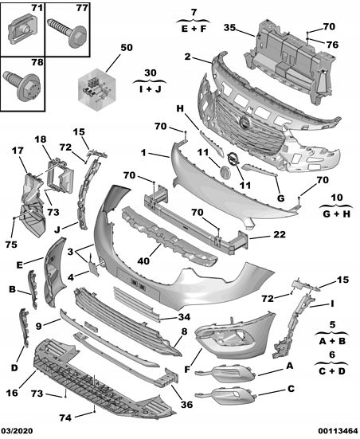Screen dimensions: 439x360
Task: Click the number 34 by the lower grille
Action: pos(186,317)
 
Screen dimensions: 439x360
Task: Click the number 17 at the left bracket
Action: pos(18,150)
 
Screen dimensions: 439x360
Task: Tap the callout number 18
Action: pos(40,139)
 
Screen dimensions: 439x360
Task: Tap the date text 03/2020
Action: pos(18,431)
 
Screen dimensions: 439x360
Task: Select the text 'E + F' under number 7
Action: pos(194,26)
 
